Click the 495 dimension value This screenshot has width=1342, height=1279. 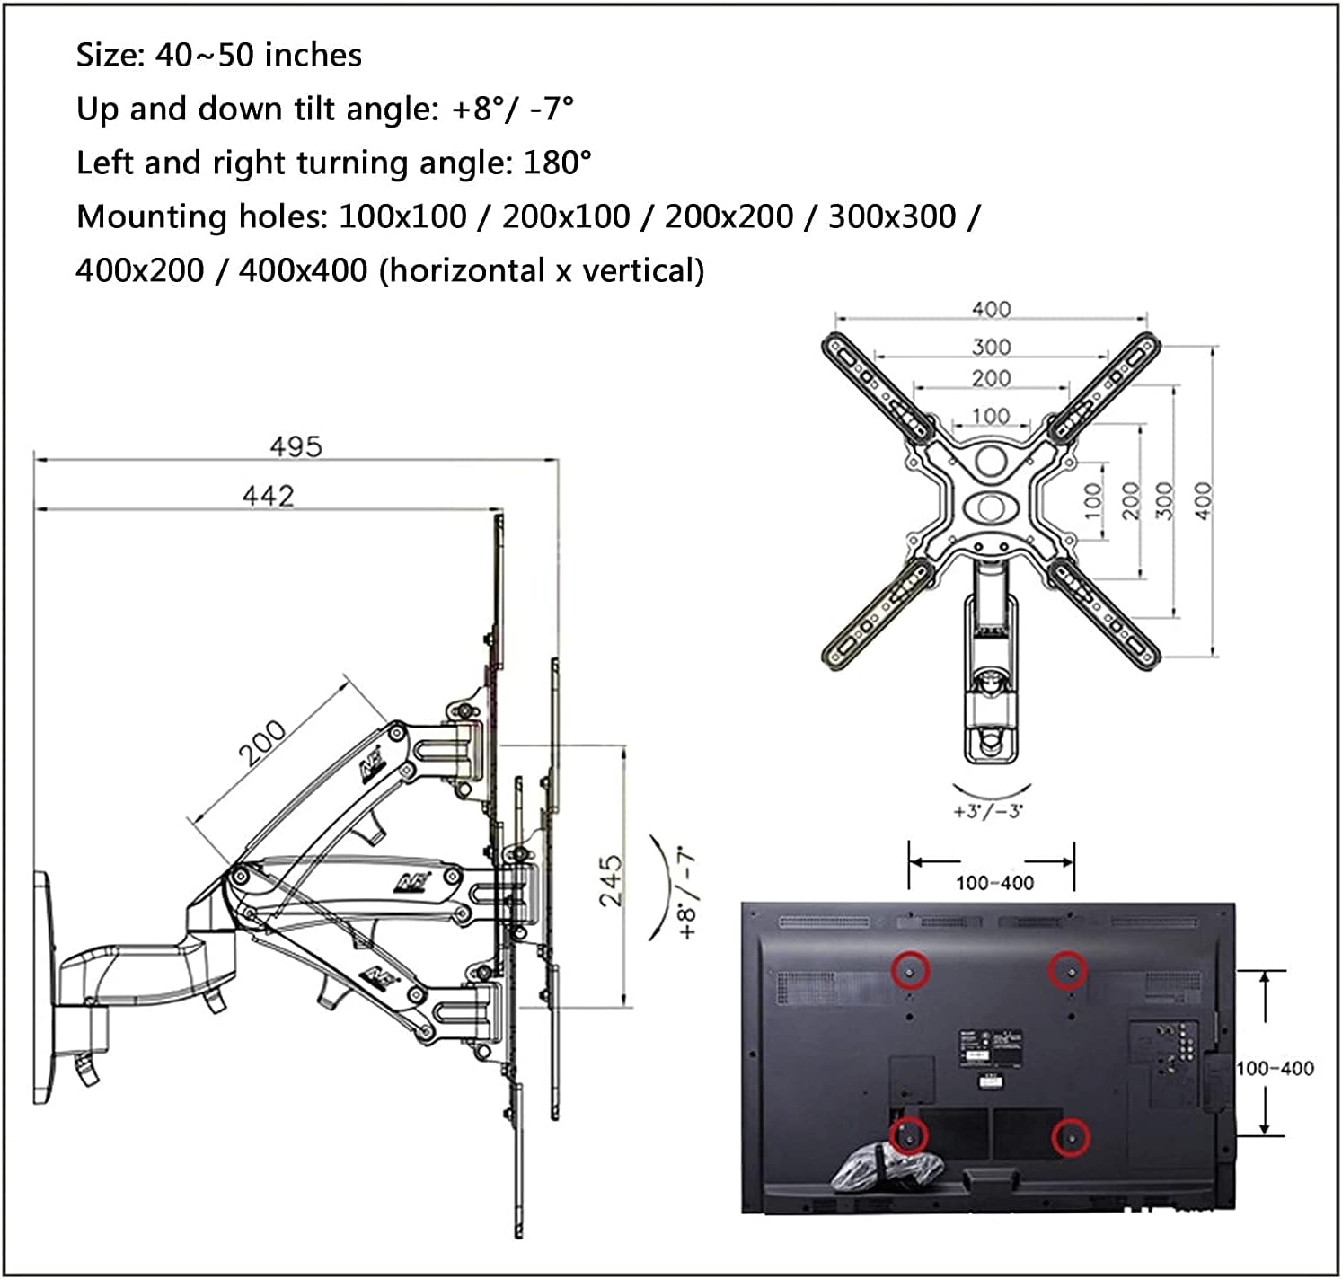(296, 446)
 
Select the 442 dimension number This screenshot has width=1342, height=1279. (268, 496)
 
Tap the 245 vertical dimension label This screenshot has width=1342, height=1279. (610, 880)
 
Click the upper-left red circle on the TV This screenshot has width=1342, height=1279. (909, 970)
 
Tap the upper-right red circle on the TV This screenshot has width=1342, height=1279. (1069, 970)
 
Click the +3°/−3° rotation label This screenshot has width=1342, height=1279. (988, 811)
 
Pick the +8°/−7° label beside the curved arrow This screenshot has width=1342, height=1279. (689, 892)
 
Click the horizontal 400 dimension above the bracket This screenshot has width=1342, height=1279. (991, 309)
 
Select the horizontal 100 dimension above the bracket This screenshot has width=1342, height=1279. (991, 416)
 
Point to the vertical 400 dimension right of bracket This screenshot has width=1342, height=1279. (1203, 500)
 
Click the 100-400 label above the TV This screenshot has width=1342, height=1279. (994, 883)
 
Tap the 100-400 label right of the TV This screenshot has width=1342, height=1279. (1275, 1069)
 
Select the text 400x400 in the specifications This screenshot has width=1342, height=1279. (303, 270)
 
